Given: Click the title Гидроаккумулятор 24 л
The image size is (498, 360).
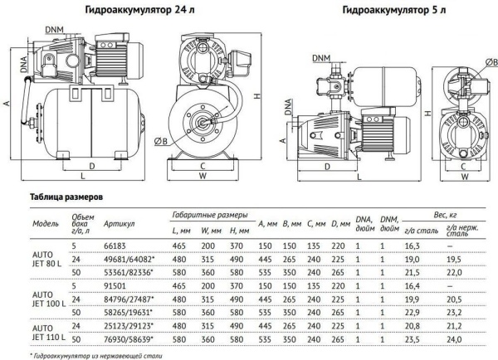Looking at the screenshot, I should coord(130,11).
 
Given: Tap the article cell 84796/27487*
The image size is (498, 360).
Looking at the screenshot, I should coord(129,294).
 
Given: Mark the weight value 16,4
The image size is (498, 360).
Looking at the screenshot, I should coord(412,284).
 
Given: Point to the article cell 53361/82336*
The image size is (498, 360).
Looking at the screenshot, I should coord(129,270).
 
